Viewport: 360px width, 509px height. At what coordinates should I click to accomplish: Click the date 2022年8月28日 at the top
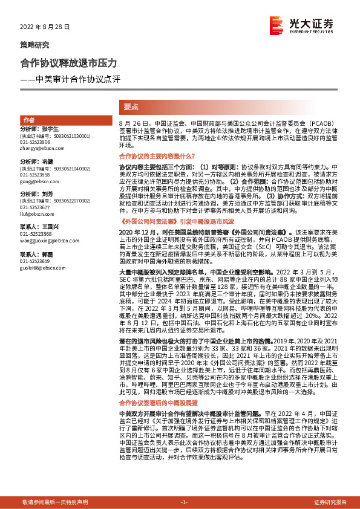coord(45,27)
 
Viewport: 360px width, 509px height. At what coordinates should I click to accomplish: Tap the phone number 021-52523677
coord(36,206)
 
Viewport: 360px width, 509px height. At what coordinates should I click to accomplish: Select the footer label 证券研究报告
coord(330,502)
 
